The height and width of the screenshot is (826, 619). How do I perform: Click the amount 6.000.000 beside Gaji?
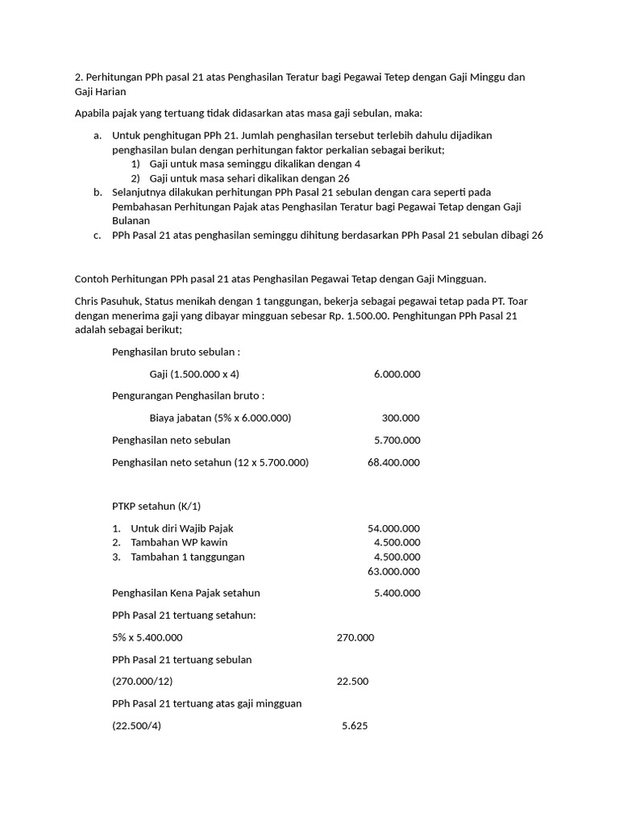[397, 374]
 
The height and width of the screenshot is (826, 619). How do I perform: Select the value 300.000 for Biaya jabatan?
[401, 418]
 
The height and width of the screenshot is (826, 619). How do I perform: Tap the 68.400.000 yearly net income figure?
[394, 462]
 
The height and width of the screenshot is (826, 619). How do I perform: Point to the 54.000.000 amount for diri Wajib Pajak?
[394, 528]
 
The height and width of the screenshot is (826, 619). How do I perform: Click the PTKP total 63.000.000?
[394, 571]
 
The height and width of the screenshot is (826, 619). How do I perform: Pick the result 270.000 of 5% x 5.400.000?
[355, 637]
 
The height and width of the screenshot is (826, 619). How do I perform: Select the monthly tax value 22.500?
[352, 681]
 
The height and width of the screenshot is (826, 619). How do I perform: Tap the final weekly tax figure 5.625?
[355, 725]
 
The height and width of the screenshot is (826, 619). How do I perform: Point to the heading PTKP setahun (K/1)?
[156, 506]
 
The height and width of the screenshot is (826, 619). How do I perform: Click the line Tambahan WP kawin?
[179, 542]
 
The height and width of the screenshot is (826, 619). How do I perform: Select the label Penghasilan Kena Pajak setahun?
[186, 593]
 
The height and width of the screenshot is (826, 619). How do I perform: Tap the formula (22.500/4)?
[137, 725]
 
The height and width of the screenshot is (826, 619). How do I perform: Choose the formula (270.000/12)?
[143, 681]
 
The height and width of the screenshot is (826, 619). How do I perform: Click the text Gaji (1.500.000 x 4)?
[194, 374]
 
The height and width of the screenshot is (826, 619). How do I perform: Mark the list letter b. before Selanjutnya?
[97, 192]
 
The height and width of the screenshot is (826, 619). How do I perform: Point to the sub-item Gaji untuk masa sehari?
[204, 178]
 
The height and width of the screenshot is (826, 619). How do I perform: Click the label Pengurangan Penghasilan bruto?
[189, 396]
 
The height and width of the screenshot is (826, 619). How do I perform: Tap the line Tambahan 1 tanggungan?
[188, 557]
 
